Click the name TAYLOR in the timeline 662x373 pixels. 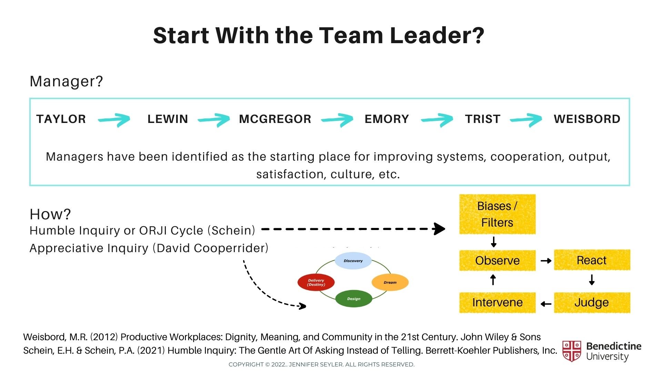point(61,119)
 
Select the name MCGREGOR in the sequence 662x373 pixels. point(275,119)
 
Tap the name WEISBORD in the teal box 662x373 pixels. point(587,119)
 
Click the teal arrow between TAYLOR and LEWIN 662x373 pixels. point(114,120)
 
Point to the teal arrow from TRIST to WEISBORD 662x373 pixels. point(526,120)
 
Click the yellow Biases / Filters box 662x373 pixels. point(497,214)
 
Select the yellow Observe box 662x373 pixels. point(497,260)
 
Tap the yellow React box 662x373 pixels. point(592,260)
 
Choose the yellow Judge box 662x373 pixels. point(592,303)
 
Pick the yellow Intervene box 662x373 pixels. point(497,303)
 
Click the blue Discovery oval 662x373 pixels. point(353,261)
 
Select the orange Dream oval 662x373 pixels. point(390,283)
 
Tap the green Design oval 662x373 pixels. point(354,299)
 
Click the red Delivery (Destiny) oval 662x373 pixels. point(316,283)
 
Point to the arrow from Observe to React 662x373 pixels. point(546,261)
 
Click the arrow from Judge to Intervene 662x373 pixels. point(546,304)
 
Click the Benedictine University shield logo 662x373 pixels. point(571,351)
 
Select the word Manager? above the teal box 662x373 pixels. point(66,82)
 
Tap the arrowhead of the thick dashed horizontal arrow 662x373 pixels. point(439,229)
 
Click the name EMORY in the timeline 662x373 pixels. point(387,119)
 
